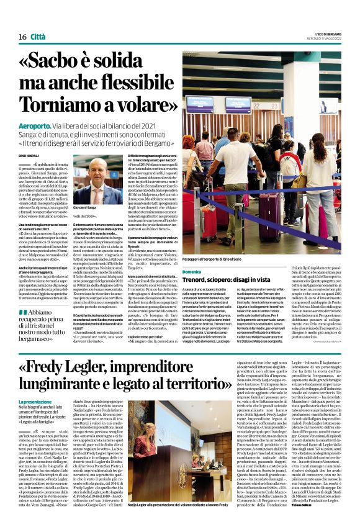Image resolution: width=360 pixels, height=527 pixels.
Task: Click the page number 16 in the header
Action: (x=22, y=37)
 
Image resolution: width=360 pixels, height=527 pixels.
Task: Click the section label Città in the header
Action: (x=38, y=37)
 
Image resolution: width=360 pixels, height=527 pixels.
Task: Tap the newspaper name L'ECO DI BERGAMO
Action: (x=328, y=33)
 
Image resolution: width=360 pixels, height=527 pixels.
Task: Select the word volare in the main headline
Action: (x=141, y=107)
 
